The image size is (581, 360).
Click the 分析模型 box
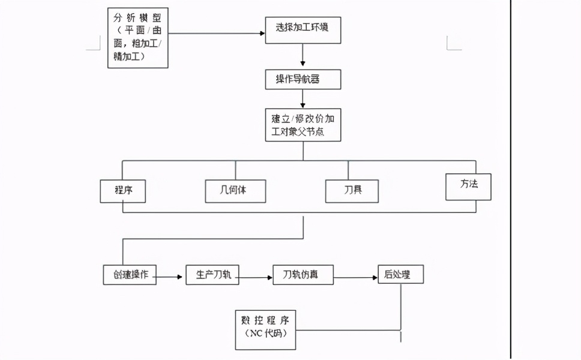pos(137,37)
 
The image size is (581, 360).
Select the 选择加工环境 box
pos(303,29)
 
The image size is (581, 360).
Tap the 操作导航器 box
pos(303,80)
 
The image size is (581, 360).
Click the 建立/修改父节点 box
pos(303,125)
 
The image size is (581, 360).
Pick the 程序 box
pos(122,191)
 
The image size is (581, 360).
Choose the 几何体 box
pos(235,191)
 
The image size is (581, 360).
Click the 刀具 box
pos(352,191)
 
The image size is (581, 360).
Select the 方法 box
pos(468,186)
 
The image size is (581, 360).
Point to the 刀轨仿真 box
pos(303,275)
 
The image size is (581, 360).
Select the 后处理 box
pos(400,275)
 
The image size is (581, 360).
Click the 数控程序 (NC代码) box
pos(265,329)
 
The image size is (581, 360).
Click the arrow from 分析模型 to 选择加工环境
pos(216,33)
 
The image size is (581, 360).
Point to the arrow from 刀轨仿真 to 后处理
pos(355,278)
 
